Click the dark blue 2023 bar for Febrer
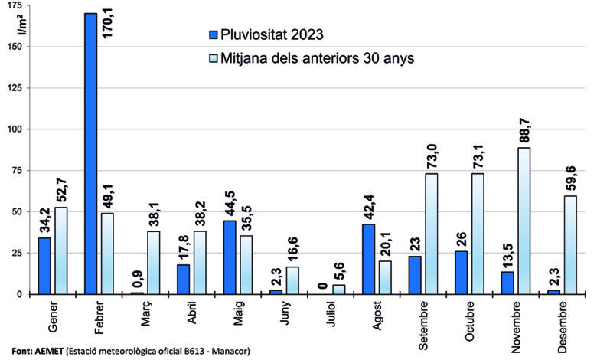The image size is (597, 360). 90,153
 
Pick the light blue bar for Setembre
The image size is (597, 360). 431,234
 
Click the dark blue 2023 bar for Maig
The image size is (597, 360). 230,257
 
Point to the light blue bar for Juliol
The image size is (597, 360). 338,290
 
